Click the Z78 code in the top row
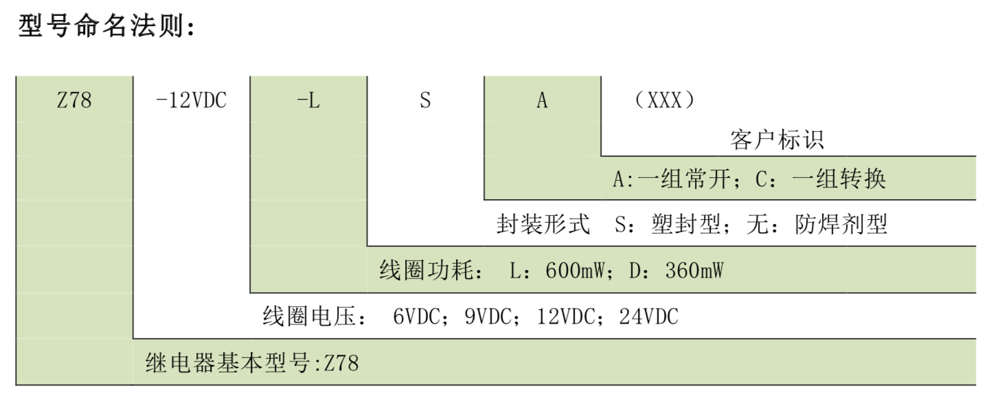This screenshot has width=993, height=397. click(74, 100)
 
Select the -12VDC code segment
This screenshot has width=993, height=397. click(192, 100)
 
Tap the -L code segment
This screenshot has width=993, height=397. click(308, 100)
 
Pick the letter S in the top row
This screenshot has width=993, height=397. click(425, 100)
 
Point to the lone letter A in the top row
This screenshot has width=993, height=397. click(542, 100)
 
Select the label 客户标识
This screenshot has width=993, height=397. click(776, 140)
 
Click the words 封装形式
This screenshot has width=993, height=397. click(543, 225)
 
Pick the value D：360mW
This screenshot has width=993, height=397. click(676, 271)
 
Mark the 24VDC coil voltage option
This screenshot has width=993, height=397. click(648, 317)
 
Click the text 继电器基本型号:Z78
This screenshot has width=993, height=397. click(252, 362)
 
